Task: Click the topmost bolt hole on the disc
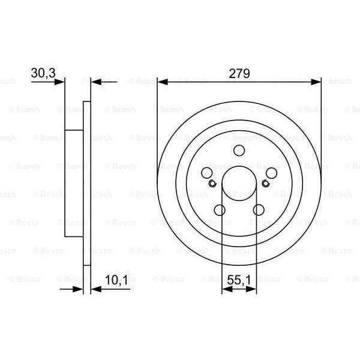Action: point(239,151)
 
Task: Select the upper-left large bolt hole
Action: point(207,173)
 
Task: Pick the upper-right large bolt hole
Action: point(272,173)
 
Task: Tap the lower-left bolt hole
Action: point(220,210)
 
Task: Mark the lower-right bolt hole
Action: point(259,210)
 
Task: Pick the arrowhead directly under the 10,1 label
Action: point(96,289)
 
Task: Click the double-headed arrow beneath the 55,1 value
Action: point(239,289)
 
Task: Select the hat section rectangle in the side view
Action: point(73,183)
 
